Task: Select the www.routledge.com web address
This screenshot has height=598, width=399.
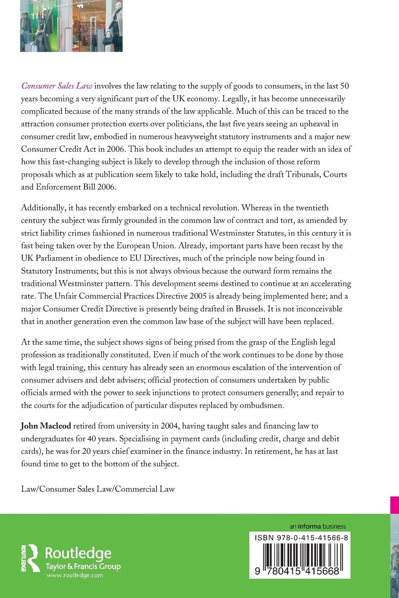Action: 74,575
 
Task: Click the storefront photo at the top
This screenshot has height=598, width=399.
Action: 71,26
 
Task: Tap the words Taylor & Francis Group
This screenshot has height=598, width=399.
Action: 83,566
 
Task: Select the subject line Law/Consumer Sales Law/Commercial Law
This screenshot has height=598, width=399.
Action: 98,489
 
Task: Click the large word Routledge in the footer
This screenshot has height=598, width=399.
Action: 79,553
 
